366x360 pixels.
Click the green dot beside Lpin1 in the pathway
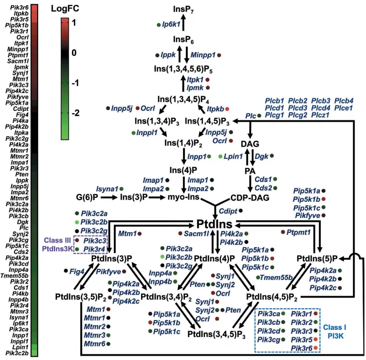[221, 156]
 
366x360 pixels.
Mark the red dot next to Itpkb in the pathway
[227, 109]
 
